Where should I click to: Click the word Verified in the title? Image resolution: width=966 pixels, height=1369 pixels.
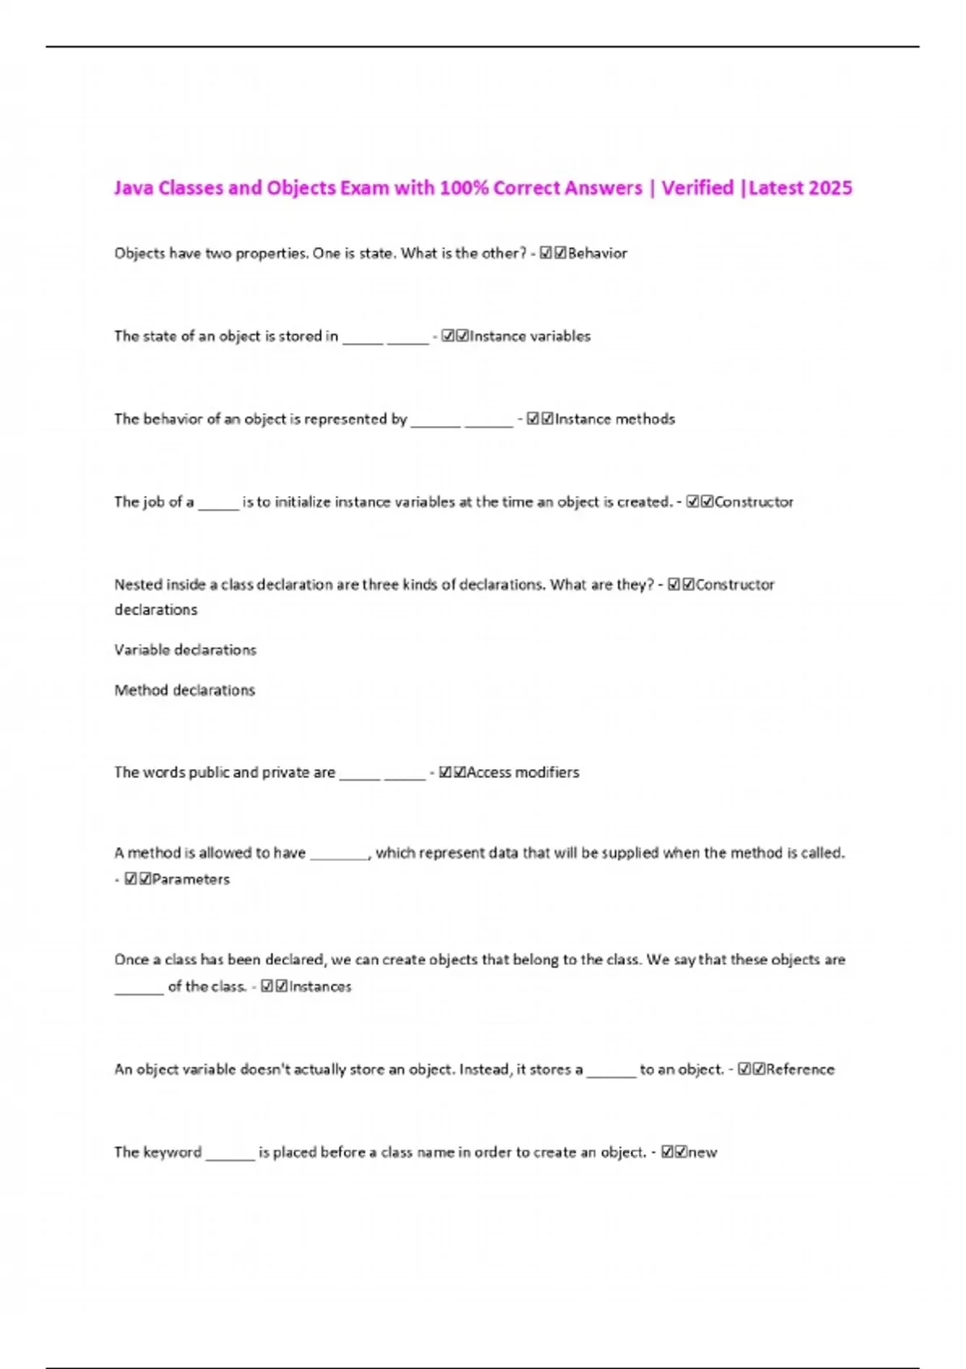(697, 188)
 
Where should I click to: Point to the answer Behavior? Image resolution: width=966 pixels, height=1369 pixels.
(597, 254)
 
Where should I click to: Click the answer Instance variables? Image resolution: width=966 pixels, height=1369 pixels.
(530, 337)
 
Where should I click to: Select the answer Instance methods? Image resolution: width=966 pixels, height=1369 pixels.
(614, 420)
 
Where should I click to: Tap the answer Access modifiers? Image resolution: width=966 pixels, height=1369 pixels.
(522, 773)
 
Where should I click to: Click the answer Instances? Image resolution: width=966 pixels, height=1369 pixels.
(320, 987)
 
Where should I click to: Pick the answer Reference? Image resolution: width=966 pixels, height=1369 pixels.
(800, 1070)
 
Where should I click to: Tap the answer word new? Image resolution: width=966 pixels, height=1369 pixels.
(702, 1153)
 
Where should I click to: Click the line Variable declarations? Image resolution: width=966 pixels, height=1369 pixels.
(185, 651)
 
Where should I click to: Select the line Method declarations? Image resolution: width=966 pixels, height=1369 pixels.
(184, 691)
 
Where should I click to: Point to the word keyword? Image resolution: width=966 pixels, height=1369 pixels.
(172, 1153)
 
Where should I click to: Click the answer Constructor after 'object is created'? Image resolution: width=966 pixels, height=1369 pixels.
(753, 503)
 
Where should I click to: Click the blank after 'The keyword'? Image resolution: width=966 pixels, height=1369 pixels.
(230, 1155)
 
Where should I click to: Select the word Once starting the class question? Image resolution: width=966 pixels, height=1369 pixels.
(131, 960)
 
